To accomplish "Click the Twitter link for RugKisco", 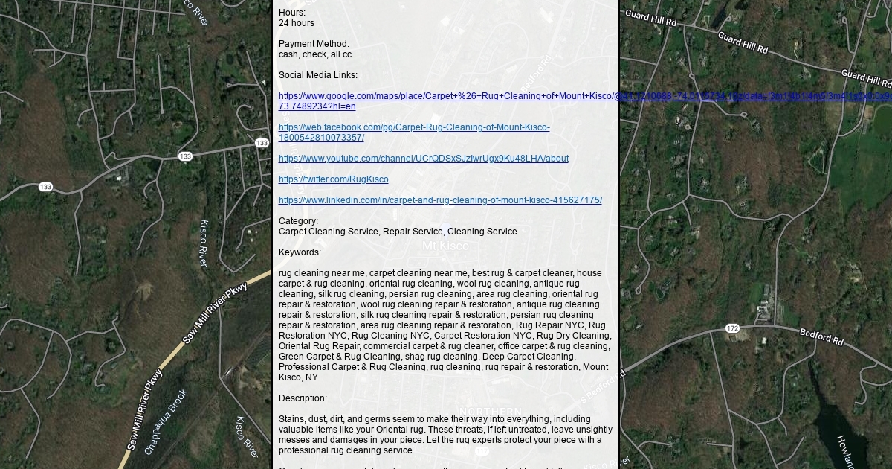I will pos(333,179).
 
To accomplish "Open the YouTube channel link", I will pos(423,159).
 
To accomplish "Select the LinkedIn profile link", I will pos(440,200).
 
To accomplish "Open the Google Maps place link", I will pos(446,96).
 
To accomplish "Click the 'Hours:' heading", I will pos(292,13).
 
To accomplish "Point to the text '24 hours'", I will pos(296,23).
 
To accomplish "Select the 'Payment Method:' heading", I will pos(314,44).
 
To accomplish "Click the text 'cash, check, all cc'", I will pos(315,54).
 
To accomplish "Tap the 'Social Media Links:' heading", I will pos(318,75).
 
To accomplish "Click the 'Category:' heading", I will pos(298,221).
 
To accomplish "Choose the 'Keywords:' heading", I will pos(300,252).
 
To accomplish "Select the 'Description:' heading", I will pos(303,398).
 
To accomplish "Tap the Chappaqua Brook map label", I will pos(166,421).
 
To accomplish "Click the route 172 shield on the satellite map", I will pos(732,328).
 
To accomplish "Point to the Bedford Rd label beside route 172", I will pos(821,336).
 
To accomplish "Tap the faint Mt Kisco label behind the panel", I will pos(445,246).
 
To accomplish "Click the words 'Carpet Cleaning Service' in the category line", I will pos(328,232).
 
